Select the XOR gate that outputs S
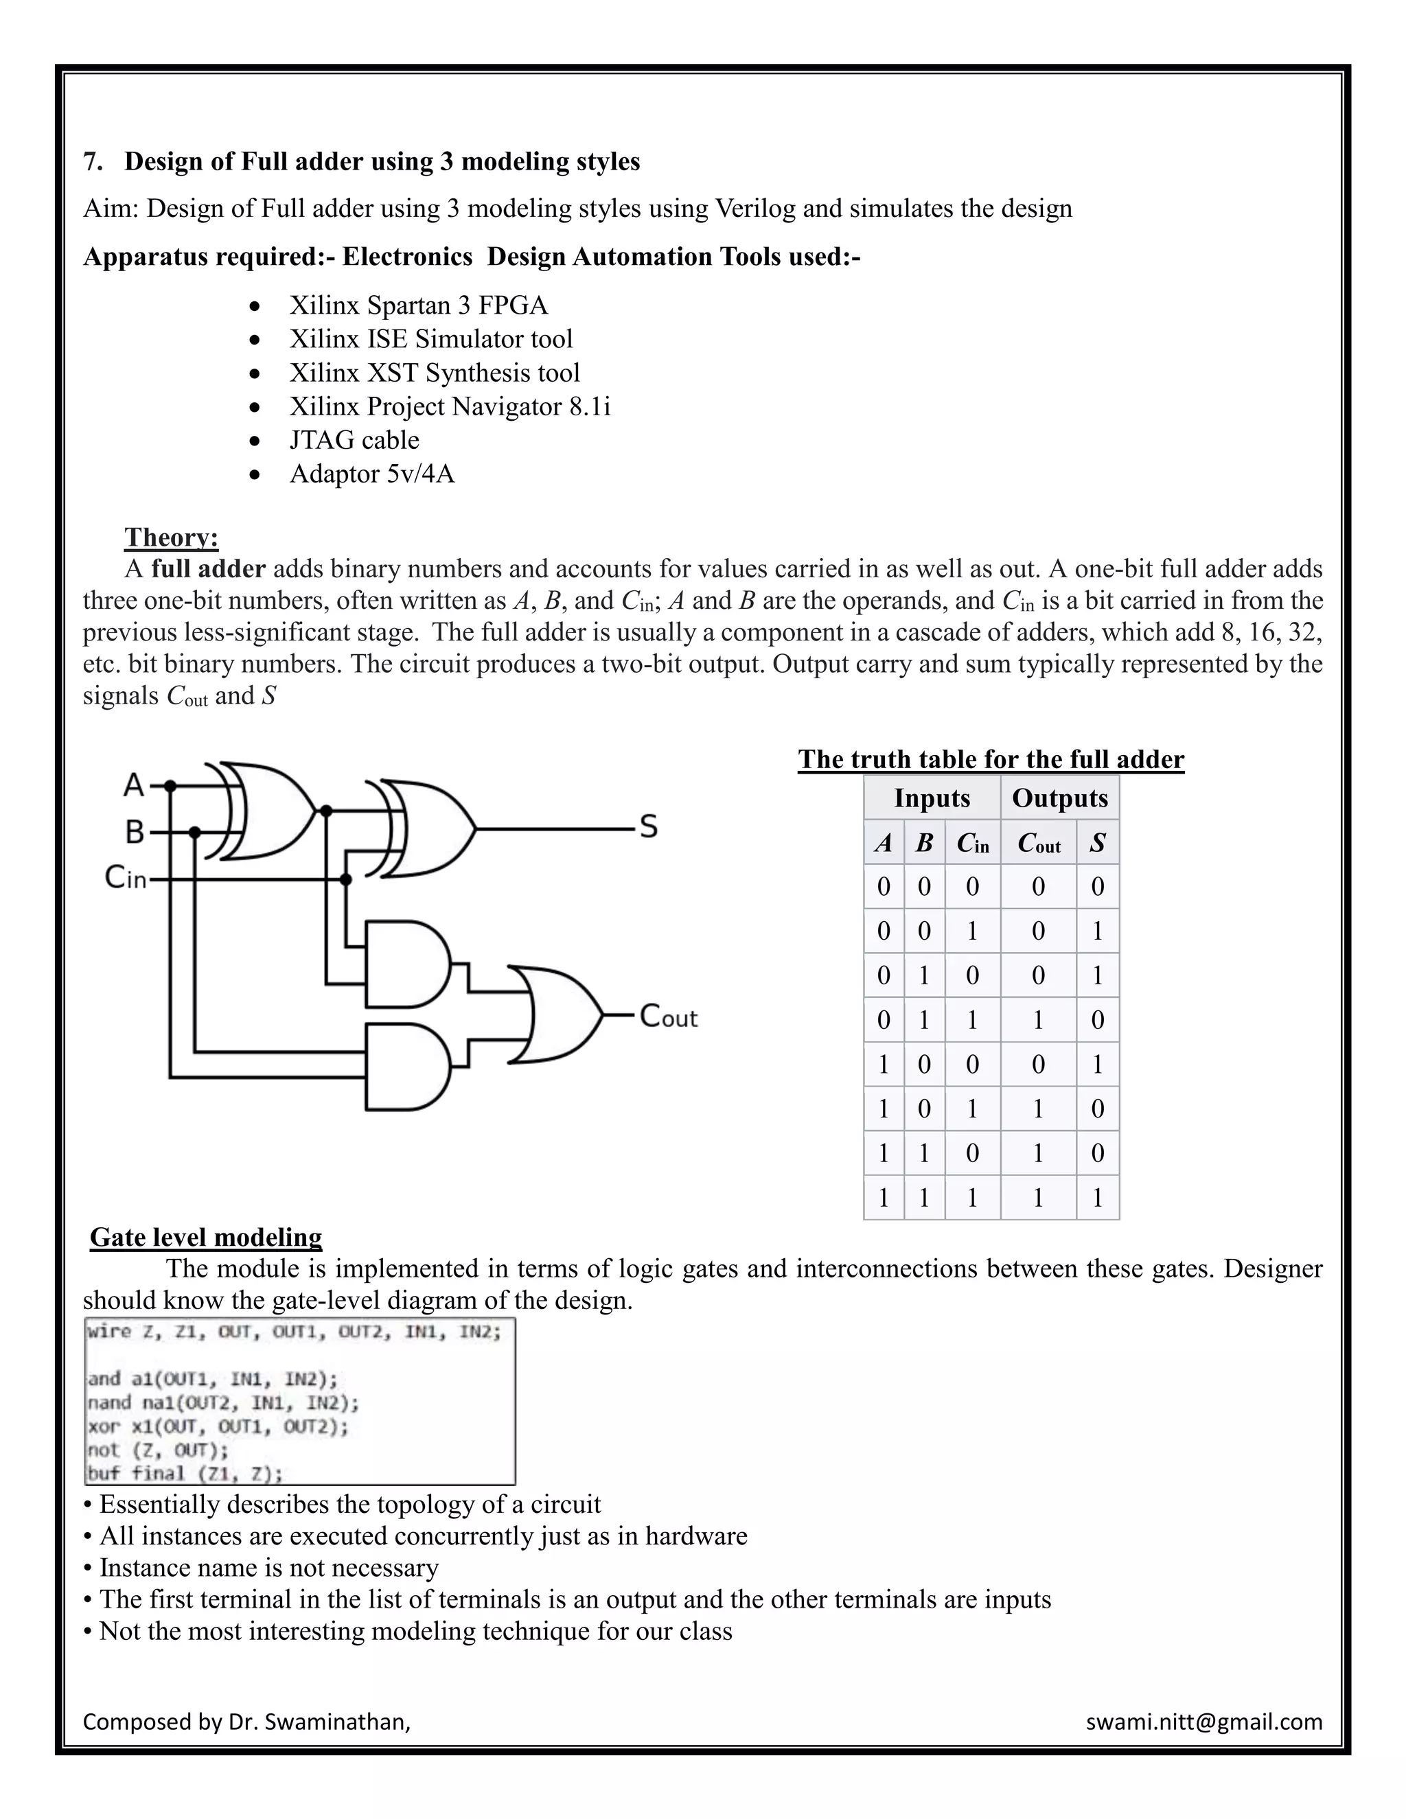click(429, 829)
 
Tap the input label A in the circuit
click(133, 785)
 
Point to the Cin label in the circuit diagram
click(126, 877)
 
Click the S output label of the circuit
click(648, 827)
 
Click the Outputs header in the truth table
click(1059, 798)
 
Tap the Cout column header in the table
click(1038, 844)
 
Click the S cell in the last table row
click(1097, 1198)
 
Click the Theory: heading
click(171, 537)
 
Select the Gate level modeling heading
click(206, 1237)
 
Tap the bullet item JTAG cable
click(354, 440)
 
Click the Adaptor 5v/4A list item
click(371, 474)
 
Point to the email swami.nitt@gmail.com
click(1203, 1722)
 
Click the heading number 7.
click(93, 161)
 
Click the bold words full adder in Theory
click(208, 569)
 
